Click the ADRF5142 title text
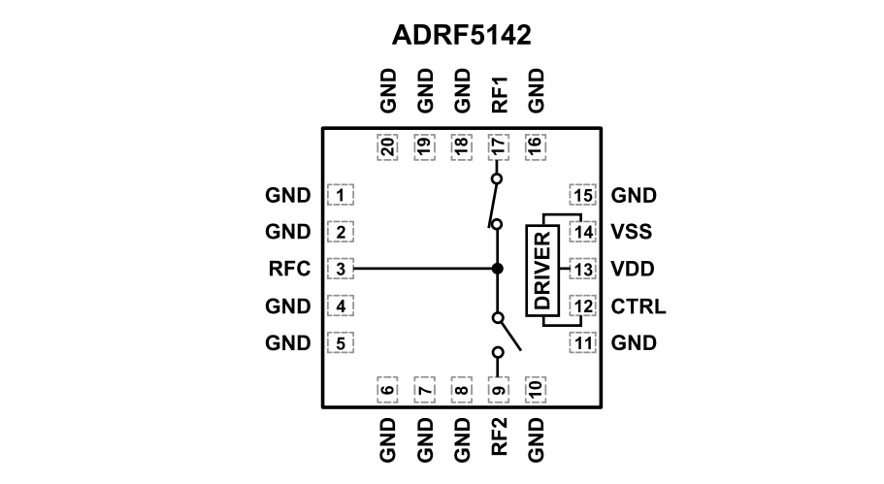461,35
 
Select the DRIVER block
541,270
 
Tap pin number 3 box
342,269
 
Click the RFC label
288,269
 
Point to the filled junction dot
497,269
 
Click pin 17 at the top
497,147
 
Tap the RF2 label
498,439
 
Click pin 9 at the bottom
497,391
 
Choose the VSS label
632,232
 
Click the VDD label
633,269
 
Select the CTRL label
638,307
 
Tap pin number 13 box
582,269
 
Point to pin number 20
387,147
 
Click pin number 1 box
342,196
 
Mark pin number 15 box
582,196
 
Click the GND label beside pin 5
288,343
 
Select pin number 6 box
387,391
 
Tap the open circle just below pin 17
497,179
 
